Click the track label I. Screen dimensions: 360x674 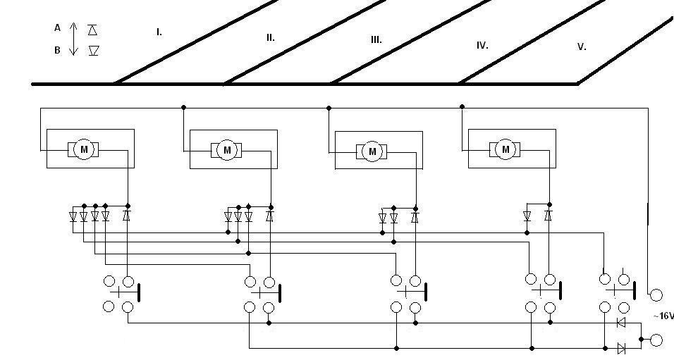coord(159,32)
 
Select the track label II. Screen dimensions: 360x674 coord(270,37)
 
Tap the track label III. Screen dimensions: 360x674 coord(376,40)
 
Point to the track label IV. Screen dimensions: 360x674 coord(482,45)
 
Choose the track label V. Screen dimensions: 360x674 coord(582,46)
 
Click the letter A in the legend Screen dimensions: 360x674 coord(57,28)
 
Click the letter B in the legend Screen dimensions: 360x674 coord(57,51)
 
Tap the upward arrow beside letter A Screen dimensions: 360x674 coord(74,29)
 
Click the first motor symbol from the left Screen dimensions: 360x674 coord(84,149)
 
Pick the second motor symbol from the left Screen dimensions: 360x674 coord(227,150)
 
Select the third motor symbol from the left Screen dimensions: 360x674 coord(373,151)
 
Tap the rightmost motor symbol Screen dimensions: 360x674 coord(505,149)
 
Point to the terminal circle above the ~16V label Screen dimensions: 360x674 coord(656,294)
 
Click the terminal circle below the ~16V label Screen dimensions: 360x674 coord(656,340)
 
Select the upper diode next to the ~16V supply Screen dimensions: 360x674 coord(621,323)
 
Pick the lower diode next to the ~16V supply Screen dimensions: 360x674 coord(621,348)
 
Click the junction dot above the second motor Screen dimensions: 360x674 coord(183,107)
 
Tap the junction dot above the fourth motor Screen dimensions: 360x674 coord(462,106)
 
